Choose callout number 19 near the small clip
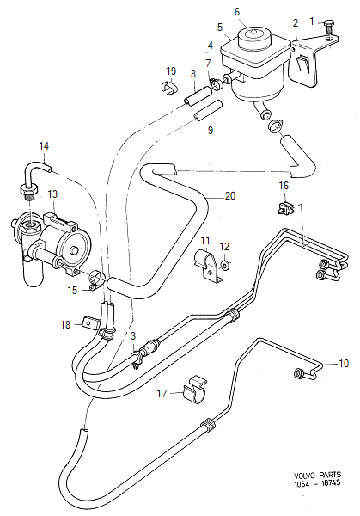click(x=171, y=71)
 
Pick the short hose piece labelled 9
click(x=205, y=109)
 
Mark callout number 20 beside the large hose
click(x=229, y=196)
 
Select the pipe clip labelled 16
click(x=285, y=206)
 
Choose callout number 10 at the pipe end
click(x=344, y=364)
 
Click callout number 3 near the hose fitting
click(x=133, y=335)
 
